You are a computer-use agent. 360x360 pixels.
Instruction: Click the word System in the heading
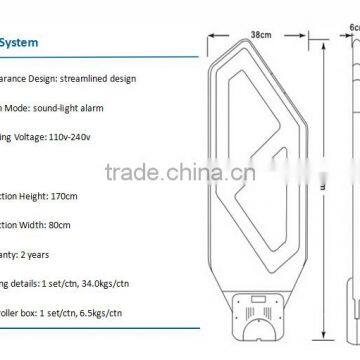pos(21,44)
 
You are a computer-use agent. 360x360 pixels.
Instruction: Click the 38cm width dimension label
pos(260,34)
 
